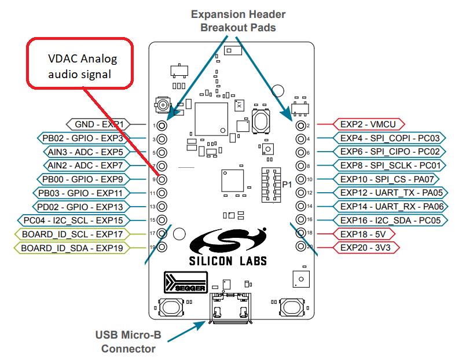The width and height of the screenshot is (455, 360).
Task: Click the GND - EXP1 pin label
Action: [x=98, y=124]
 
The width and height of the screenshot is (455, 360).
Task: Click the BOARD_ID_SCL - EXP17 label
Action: [x=72, y=234]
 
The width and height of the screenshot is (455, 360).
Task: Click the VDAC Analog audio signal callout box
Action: [x=81, y=65]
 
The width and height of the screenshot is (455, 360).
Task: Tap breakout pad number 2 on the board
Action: [x=300, y=125]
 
